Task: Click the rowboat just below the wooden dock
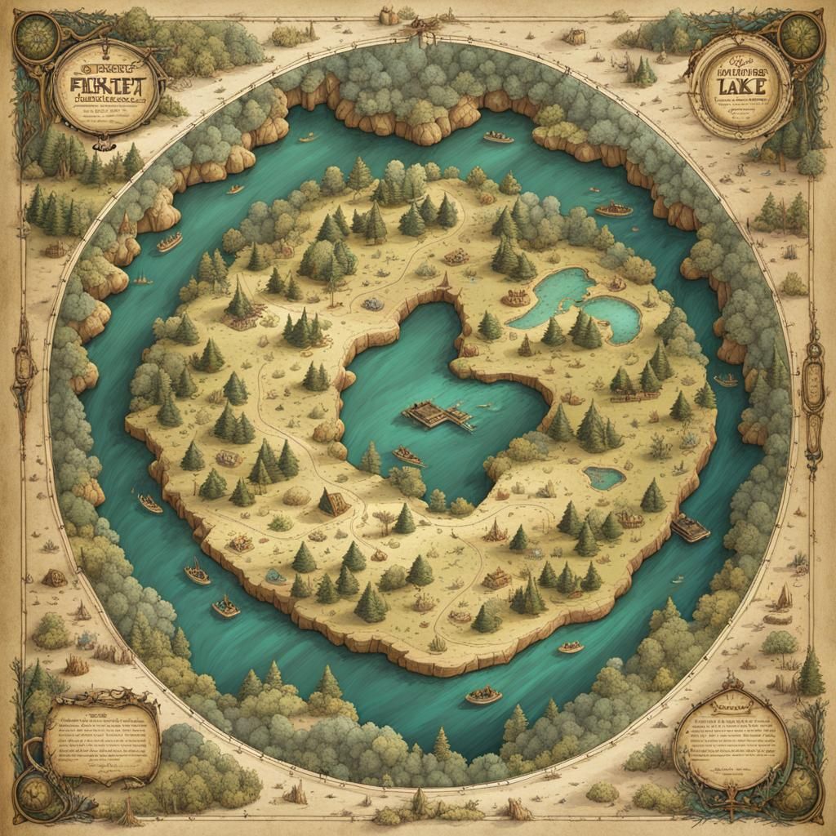[408, 456]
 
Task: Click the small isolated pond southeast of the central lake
[604, 477]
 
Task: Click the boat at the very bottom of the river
[483, 696]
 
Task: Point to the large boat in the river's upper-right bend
[614, 209]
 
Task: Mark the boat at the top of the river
[498, 137]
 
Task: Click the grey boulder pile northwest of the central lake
[372, 304]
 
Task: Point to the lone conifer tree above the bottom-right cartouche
[811, 673]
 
